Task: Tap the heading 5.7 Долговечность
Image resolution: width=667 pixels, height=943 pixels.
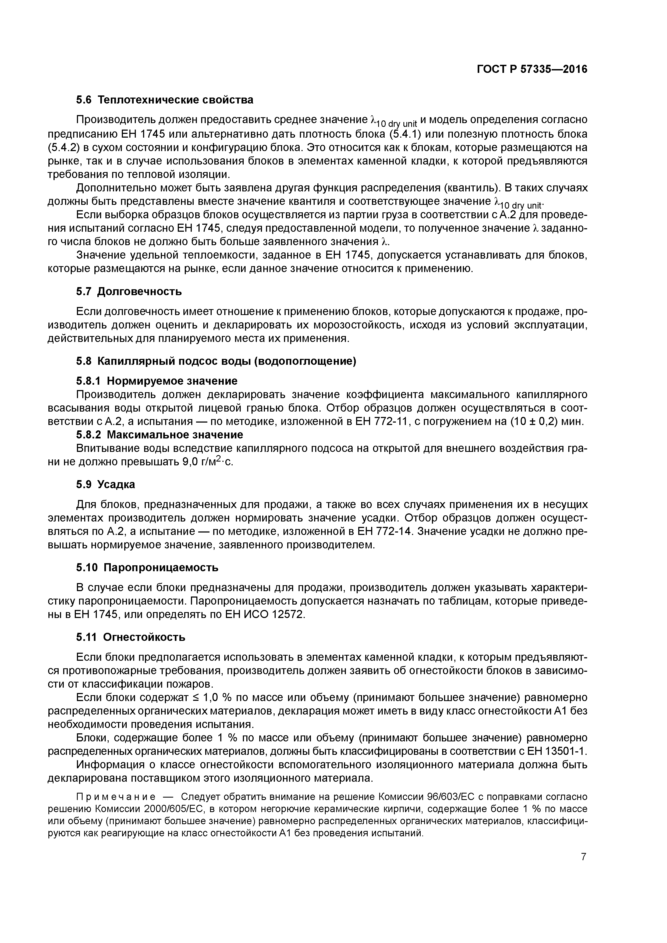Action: point(129,292)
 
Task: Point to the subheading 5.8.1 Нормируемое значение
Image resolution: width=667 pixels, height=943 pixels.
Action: point(157,381)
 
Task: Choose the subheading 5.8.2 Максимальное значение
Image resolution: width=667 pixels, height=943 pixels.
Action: point(159,434)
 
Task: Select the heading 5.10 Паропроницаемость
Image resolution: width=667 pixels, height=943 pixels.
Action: point(147,568)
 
